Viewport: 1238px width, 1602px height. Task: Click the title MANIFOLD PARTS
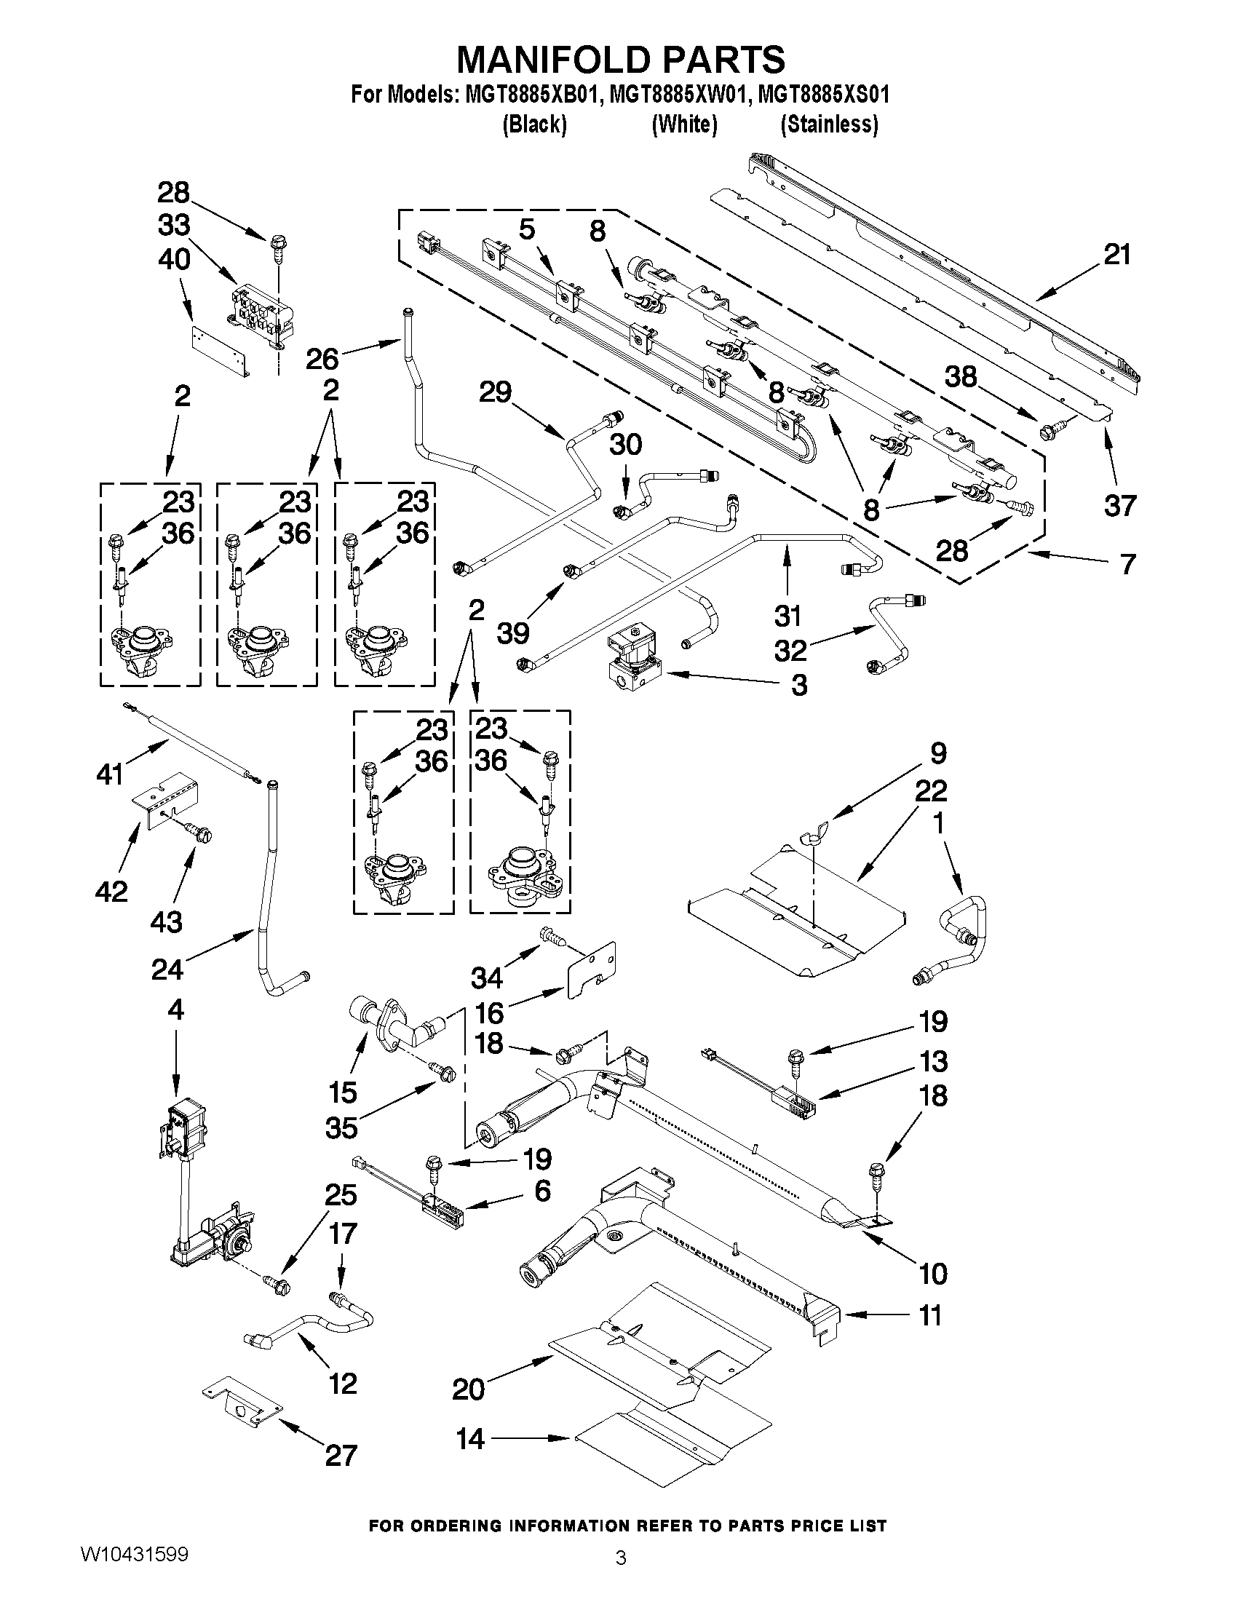coord(621,60)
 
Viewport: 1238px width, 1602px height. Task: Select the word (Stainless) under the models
coord(829,124)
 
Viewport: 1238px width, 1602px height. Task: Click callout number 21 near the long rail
coord(1117,255)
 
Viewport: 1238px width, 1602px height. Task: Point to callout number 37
coord(1119,505)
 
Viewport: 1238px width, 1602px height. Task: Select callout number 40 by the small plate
coord(174,259)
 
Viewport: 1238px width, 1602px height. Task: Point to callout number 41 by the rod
coord(110,773)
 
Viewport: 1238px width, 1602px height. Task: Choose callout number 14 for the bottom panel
coord(470,1439)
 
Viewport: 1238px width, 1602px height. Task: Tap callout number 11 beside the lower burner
coord(930,1315)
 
